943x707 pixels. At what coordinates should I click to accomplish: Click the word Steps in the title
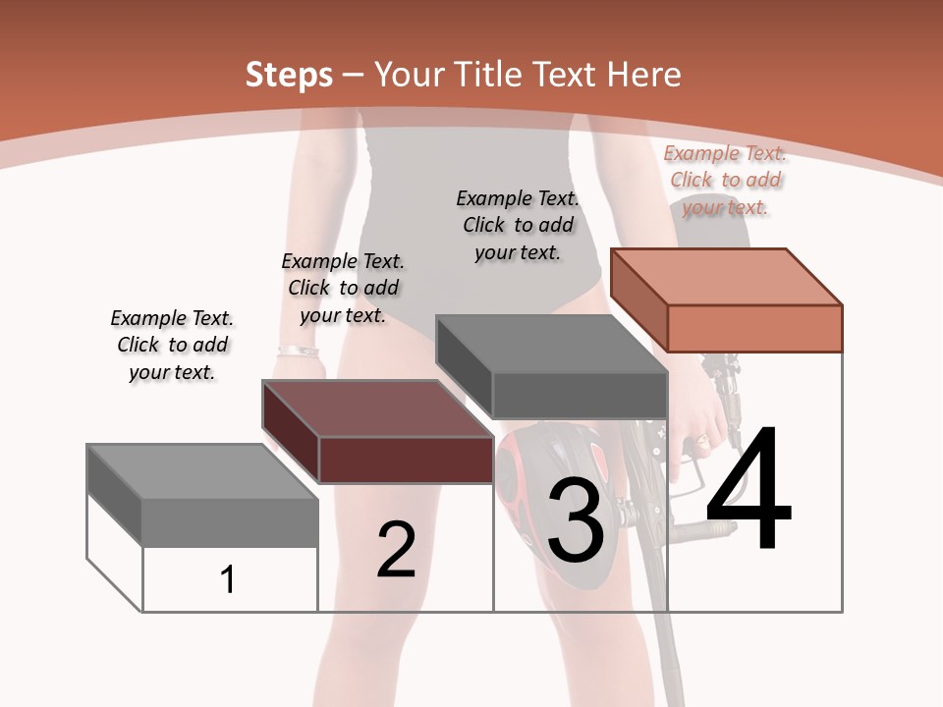288,75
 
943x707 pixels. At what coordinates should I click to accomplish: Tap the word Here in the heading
644,75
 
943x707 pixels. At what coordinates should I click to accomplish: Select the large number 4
749,491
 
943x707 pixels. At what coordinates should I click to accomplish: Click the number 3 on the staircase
576,520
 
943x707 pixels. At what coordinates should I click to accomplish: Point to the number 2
397,550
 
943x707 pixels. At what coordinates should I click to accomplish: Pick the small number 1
228,580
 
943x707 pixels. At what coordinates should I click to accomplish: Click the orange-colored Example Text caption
725,181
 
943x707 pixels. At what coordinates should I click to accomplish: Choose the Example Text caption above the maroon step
343,288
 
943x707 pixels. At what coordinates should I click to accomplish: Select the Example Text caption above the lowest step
172,345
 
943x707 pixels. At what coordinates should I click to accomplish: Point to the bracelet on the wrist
297,351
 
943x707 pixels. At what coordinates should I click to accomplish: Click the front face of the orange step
754,328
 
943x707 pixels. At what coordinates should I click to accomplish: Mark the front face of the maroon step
406,460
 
